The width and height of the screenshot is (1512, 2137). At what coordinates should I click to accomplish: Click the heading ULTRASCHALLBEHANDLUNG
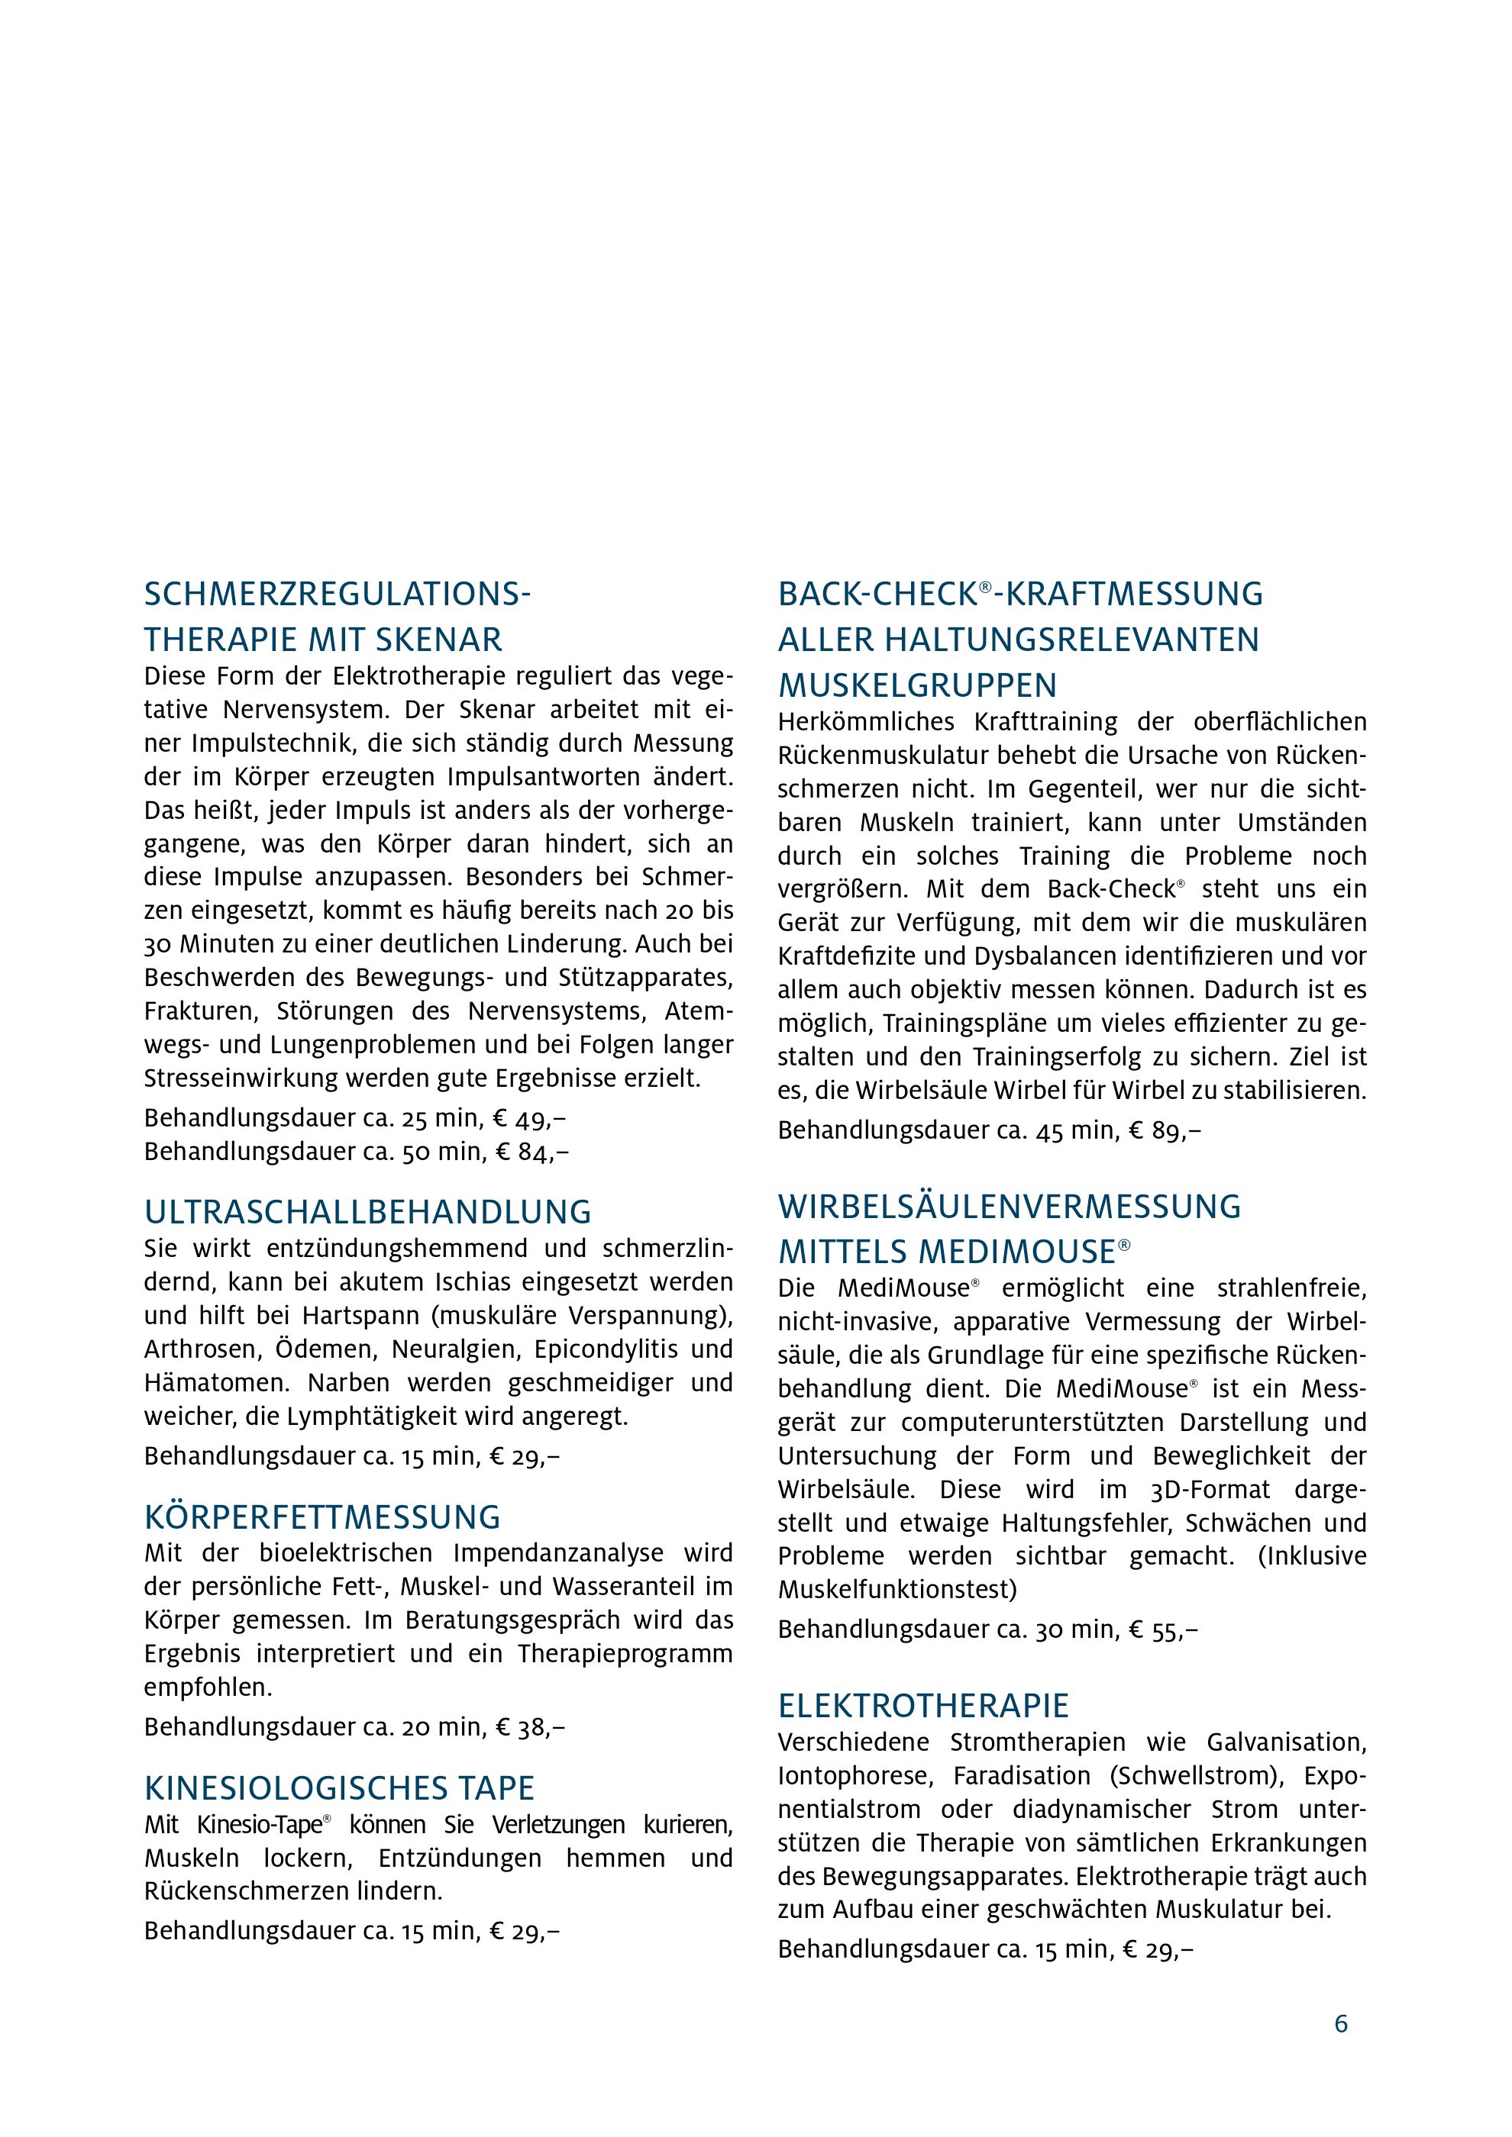click(368, 1212)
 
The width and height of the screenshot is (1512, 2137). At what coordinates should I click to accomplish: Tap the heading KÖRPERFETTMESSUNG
click(322, 1517)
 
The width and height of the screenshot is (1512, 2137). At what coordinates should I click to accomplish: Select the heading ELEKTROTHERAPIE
click(923, 1705)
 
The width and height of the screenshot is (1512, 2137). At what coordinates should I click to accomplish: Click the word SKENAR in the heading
click(438, 640)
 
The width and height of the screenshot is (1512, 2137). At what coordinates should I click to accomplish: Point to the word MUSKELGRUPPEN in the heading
click(917, 686)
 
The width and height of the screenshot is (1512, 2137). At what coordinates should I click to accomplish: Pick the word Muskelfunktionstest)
click(897, 1589)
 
